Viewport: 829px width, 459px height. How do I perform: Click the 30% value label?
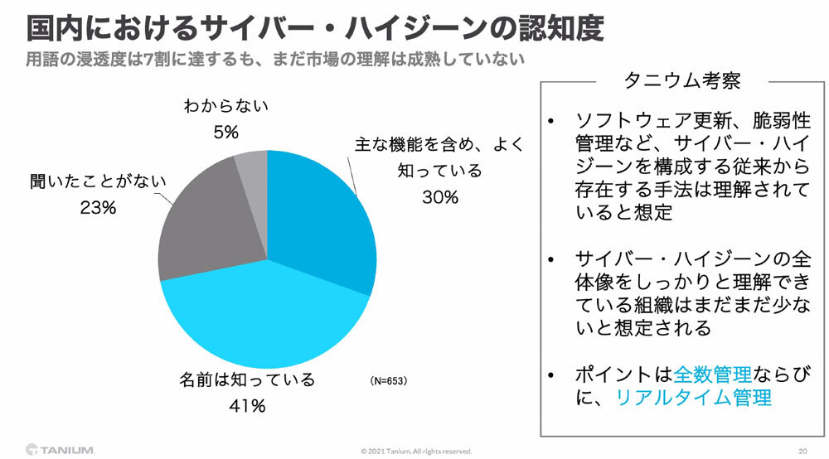439,197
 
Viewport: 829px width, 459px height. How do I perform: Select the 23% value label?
98,208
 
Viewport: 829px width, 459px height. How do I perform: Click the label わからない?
225,106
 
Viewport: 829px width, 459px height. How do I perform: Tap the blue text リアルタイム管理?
693,398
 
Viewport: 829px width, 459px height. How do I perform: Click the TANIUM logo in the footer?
61,450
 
